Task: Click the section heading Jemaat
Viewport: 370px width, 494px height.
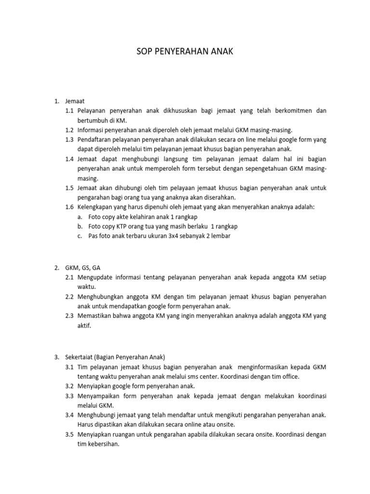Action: click(x=75, y=101)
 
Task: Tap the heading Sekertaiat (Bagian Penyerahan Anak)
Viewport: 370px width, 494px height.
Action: click(x=115, y=357)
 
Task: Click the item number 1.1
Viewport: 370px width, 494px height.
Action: click(x=69, y=111)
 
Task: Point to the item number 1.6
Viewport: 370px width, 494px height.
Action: click(x=69, y=207)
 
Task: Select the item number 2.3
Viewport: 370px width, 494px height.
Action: click(x=69, y=316)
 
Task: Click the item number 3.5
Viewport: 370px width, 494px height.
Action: click(x=69, y=435)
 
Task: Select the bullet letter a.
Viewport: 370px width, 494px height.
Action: click(x=79, y=217)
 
